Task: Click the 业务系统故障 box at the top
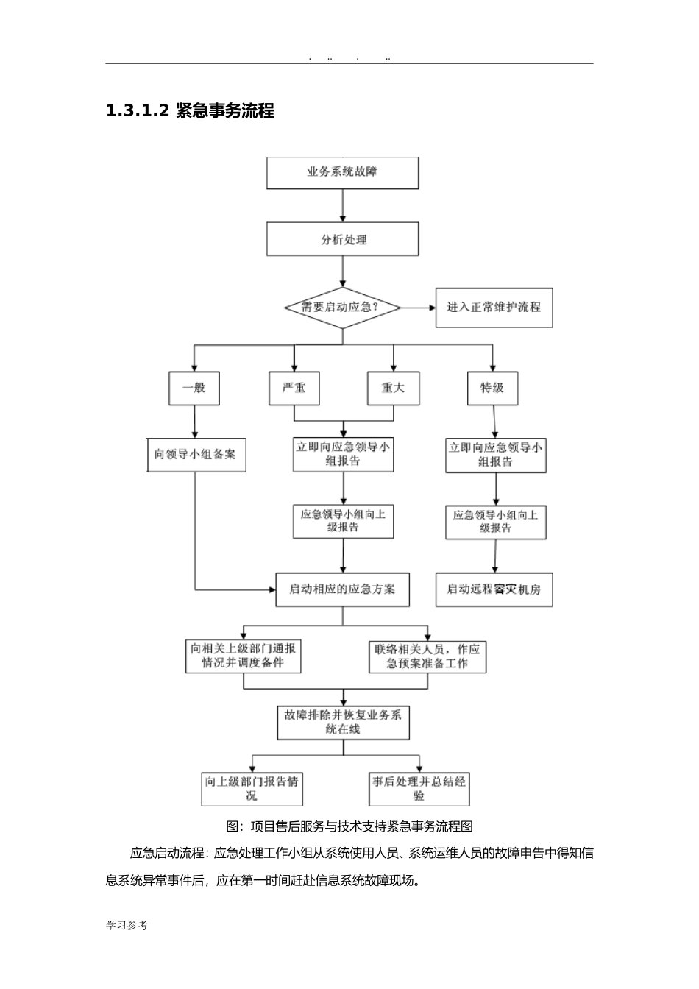[x=342, y=173]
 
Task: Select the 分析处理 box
[x=342, y=240]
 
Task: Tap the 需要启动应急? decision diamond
[x=342, y=308]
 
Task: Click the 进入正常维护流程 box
[x=494, y=307]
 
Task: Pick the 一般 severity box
[x=194, y=387]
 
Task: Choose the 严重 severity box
[x=294, y=387]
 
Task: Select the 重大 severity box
[x=393, y=387]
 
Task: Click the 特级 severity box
[x=492, y=387]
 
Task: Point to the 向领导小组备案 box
[x=195, y=455]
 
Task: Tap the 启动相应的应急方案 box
[x=342, y=589]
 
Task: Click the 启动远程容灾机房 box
[x=494, y=589]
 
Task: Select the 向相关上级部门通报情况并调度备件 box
[x=244, y=656]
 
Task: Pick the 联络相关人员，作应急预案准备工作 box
[x=427, y=656]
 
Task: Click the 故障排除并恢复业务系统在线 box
[x=343, y=722]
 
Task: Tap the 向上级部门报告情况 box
[x=252, y=788]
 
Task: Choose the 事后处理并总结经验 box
[x=419, y=788]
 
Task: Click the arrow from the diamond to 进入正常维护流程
[x=418, y=308]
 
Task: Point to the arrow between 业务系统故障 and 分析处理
[x=342, y=206]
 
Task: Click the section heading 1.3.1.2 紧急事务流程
[x=191, y=111]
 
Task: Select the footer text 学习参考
[x=127, y=926]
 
